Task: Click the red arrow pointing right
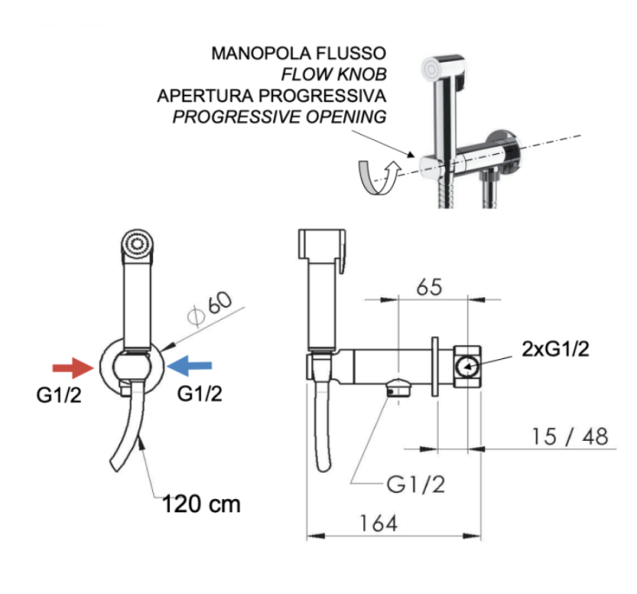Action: (72, 367)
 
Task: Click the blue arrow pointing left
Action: (191, 366)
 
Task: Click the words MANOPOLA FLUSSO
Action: (298, 54)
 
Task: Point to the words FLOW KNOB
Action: (338, 74)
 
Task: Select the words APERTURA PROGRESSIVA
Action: (272, 95)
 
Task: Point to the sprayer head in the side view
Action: (323, 255)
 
